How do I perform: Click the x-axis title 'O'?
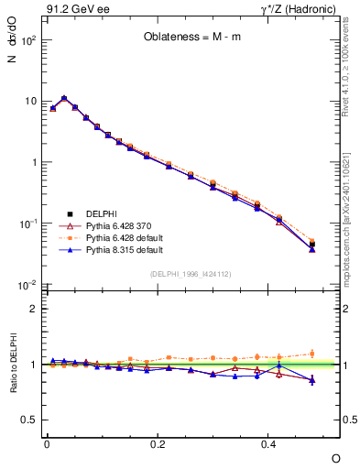pos(334,457)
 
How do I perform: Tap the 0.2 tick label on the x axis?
pos(158,443)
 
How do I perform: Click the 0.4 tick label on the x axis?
pos(267,443)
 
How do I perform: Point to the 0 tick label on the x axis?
pos(47,443)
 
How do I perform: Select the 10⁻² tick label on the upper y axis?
pos(27,286)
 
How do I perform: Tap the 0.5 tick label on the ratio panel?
pos(29,420)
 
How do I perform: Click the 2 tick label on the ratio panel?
pos(33,309)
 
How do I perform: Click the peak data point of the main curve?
pos(63,98)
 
